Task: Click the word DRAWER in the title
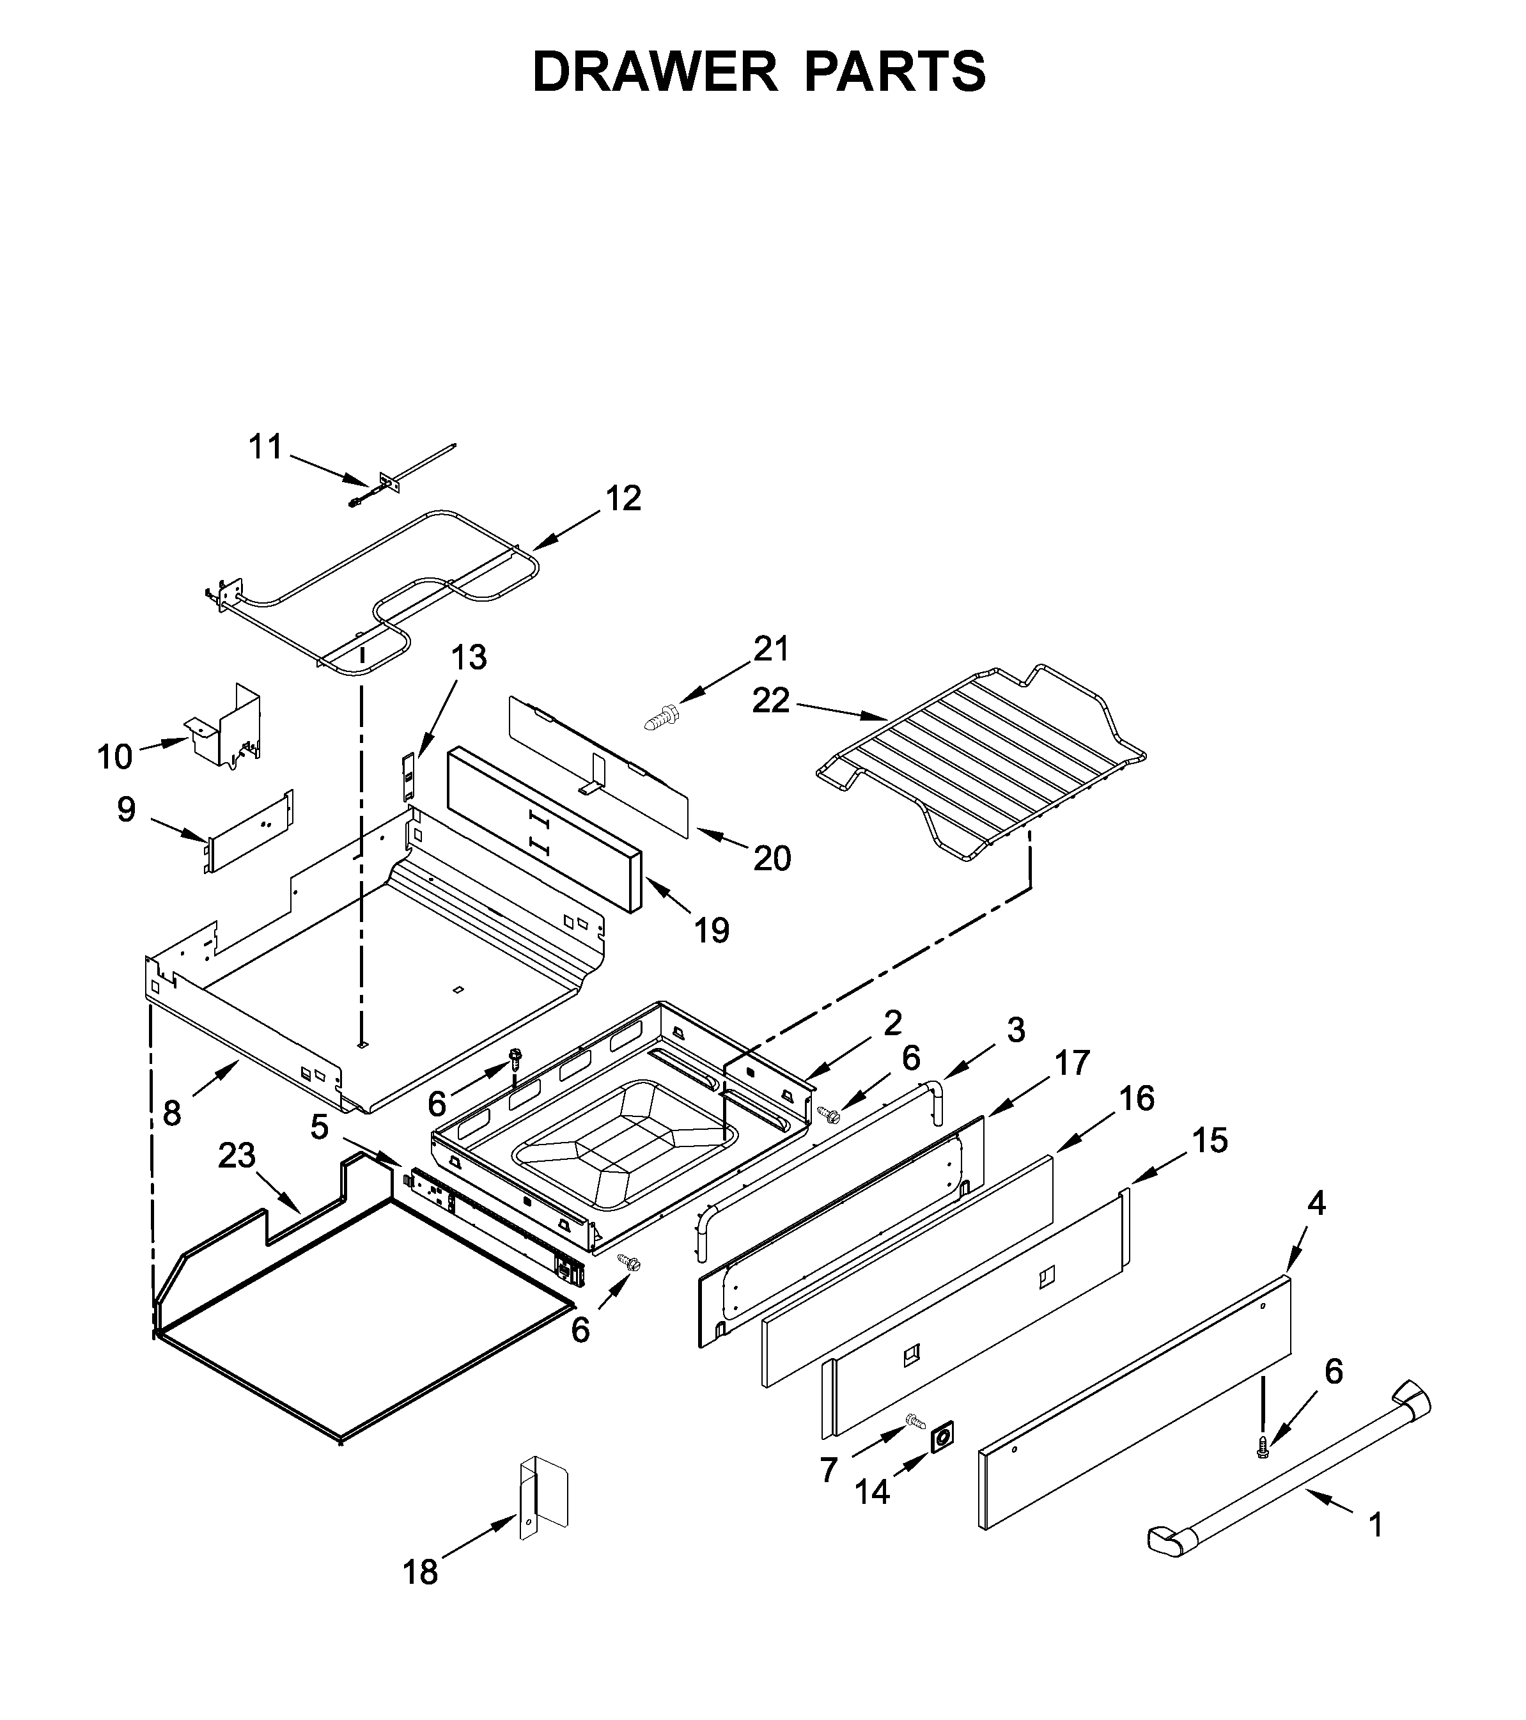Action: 655,72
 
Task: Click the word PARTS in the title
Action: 895,72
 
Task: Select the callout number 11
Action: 266,447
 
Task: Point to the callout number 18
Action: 421,1572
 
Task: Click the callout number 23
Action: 237,1155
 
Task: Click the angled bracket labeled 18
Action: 543,1499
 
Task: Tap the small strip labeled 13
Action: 408,778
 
